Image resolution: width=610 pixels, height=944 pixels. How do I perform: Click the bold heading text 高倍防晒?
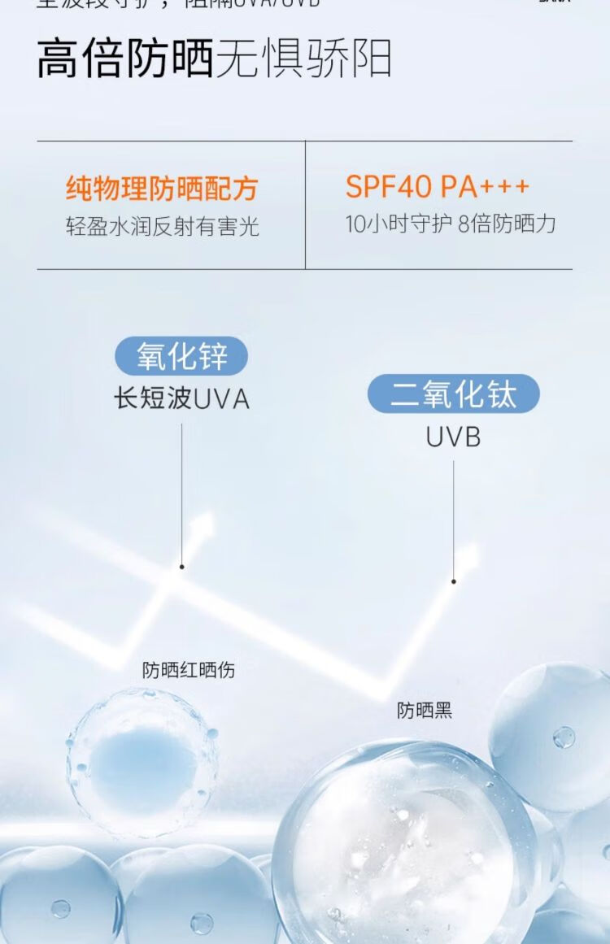124,59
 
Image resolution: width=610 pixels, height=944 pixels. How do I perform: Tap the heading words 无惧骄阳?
303,59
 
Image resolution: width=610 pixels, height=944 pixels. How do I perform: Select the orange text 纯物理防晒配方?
161,189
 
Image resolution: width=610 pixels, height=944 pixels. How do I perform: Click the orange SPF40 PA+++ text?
438,187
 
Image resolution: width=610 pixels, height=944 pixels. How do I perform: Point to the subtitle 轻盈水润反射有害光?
163,225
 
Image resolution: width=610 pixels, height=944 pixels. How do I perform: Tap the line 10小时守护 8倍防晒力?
451,224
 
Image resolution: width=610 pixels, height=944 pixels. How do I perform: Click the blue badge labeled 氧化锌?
181,356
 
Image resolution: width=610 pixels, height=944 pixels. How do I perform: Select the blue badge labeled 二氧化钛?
453,394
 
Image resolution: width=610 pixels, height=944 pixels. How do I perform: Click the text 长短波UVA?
181,398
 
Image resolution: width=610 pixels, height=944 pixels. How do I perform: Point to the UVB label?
453,437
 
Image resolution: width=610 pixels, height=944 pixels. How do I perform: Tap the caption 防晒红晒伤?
189,670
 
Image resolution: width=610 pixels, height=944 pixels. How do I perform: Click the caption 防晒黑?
424,710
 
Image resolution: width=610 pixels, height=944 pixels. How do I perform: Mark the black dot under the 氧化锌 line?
181,567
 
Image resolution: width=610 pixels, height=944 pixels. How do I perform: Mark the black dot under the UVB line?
454,581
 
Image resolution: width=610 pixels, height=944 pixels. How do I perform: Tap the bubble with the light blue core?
143,762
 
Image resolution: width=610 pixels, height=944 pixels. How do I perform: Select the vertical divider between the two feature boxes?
306,205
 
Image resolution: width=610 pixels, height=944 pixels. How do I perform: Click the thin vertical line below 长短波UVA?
181,488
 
